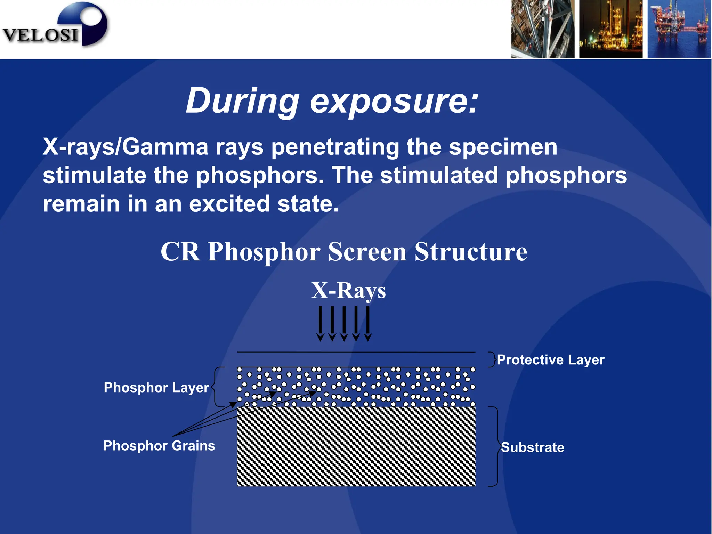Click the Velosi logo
(x=56, y=26)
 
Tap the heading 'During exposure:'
(x=332, y=101)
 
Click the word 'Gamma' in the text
(x=165, y=147)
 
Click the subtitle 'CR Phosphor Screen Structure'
(x=343, y=251)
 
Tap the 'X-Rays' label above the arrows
(x=348, y=290)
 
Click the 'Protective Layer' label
(x=551, y=360)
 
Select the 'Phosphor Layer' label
(x=156, y=388)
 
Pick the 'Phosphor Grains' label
(x=159, y=446)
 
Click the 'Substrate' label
(x=532, y=447)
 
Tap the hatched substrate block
(x=356, y=447)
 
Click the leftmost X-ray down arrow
(x=320, y=323)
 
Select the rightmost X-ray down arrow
(x=368, y=323)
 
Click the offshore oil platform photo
(x=679, y=29)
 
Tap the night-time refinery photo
(x=610, y=29)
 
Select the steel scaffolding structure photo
(x=542, y=29)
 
